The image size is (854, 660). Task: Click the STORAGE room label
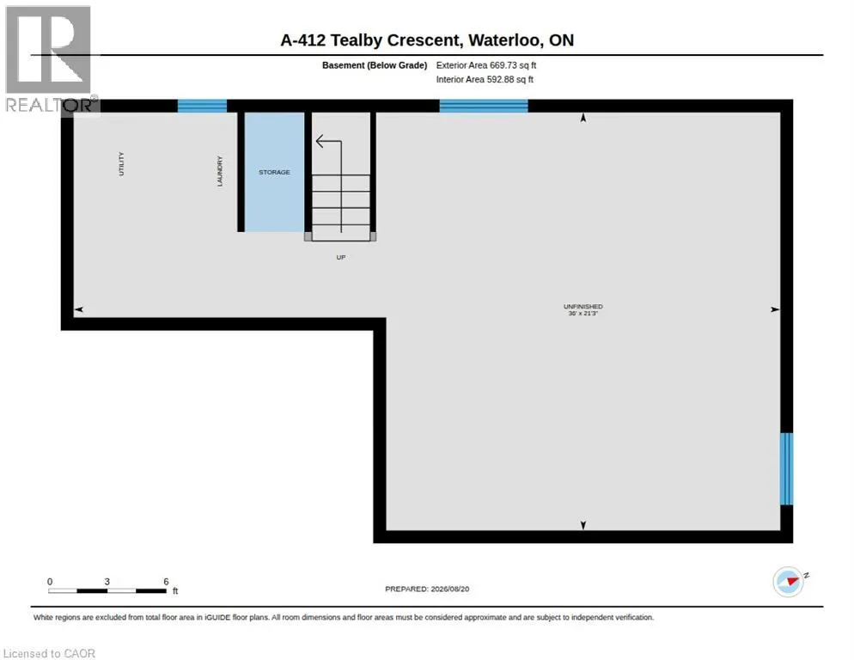coord(274,172)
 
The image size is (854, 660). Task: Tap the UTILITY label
coord(121,164)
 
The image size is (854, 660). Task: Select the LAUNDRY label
coord(219,171)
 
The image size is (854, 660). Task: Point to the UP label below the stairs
coord(341,257)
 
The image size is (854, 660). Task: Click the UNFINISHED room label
coord(583,307)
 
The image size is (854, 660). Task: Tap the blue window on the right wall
coord(786,468)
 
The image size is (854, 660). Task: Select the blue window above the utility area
coord(202,106)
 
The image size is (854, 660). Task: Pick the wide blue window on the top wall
coord(484,106)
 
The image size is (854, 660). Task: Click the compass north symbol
coord(789,582)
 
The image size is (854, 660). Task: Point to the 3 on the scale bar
coord(107,582)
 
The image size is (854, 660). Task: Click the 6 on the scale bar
coord(166,582)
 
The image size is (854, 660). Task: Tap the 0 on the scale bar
coord(50,582)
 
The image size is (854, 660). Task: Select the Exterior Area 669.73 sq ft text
coord(485,65)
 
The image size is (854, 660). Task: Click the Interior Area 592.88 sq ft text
coord(485,80)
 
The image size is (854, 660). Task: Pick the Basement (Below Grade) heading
coord(375,65)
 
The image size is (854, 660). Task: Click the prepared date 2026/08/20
coord(450,590)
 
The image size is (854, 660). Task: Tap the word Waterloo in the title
coord(505,40)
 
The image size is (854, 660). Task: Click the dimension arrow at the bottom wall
coord(583,525)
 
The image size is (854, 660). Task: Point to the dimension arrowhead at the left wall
coord(78,309)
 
